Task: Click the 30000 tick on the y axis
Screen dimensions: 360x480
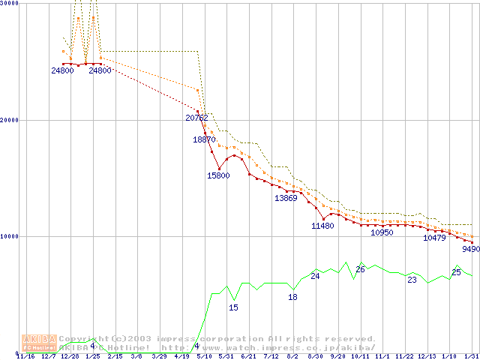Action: (x=9, y=4)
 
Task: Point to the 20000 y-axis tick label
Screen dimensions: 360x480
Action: (x=9, y=120)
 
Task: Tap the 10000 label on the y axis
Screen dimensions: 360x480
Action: (x=9, y=236)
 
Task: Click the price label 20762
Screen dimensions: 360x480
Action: (x=196, y=118)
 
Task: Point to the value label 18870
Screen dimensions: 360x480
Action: (x=204, y=139)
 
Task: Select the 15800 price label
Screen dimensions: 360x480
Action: (x=219, y=175)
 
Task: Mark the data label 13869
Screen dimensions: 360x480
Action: (x=286, y=199)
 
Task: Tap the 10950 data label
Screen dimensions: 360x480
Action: (x=382, y=233)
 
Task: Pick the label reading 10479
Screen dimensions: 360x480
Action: (x=434, y=238)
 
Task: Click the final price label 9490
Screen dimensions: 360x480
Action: (x=471, y=249)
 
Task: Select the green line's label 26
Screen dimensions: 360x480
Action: (x=360, y=269)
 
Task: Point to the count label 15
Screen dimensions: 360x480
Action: (x=233, y=307)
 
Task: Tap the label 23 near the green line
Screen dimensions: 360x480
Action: (x=412, y=280)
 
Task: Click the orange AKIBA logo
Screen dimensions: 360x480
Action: (x=39, y=343)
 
